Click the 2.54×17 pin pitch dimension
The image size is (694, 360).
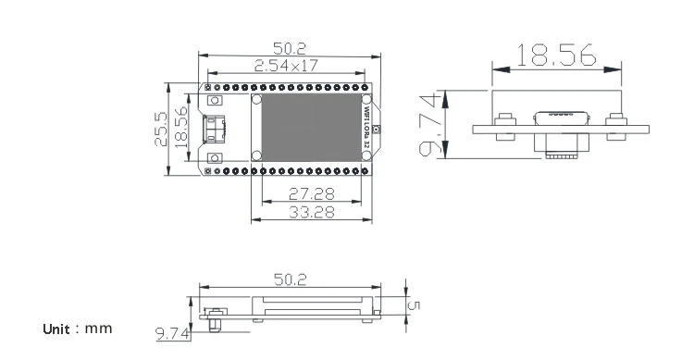pyautogui.click(x=286, y=66)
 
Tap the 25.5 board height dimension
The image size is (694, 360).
pyautogui.click(x=161, y=129)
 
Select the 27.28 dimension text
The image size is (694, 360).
pyautogui.click(x=312, y=193)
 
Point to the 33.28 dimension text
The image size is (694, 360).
pyautogui.click(x=312, y=212)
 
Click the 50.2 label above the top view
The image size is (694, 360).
pyautogui.click(x=290, y=48)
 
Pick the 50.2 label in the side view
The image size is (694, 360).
pyautogui.click(x=290, y=279)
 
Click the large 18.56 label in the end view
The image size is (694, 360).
pyautogui.click(x=556, y=55)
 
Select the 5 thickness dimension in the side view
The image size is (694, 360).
pyautogui.click(x=415, y=305)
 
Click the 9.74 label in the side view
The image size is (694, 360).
pyautogui.click(x=173, y=333)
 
